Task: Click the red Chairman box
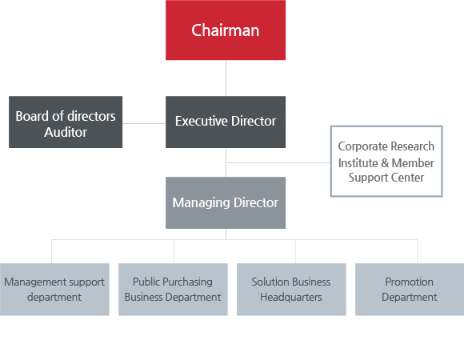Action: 226,30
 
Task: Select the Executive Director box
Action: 226,122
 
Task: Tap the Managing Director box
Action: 226,202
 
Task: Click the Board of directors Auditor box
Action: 66,122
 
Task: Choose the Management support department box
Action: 54,290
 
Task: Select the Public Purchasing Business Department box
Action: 173,290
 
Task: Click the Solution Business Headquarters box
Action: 291,290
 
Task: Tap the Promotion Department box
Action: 410,290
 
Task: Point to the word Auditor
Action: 66,132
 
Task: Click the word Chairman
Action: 225,30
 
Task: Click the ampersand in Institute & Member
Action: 385,162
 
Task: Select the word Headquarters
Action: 291,297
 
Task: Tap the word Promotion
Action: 410,282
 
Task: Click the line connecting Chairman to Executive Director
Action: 226,78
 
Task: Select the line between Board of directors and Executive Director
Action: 144,123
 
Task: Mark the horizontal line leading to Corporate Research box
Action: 278,162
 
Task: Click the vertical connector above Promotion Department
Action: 418,251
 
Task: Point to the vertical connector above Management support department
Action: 51,251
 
